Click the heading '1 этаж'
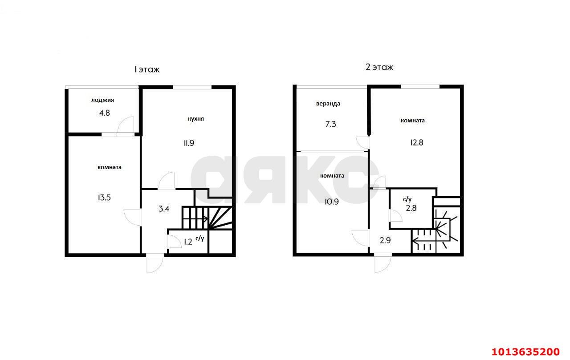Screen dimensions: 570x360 coord(147,69)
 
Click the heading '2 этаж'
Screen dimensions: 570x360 coord(379,67)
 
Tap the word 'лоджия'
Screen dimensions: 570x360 coord(102,100)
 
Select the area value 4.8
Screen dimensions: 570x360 coord(104,113)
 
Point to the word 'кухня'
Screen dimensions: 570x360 coord(195,119)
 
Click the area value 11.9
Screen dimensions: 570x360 coord(189,143)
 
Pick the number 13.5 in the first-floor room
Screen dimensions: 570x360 coord(104,198)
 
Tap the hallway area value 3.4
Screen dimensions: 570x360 coord(164,209)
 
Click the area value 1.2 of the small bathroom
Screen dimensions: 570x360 coord(188,242)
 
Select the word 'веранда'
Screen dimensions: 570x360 coord(328,104)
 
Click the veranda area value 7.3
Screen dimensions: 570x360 coord(330,124)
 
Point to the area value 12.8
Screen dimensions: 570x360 coord(417,143)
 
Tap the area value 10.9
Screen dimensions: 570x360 coord(332,202)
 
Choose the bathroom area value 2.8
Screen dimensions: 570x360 coord(411,208)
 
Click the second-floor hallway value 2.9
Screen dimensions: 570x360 coord(385,240)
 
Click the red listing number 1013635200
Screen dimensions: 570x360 coord(525,352)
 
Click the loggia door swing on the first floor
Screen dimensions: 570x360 coord(126,125)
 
